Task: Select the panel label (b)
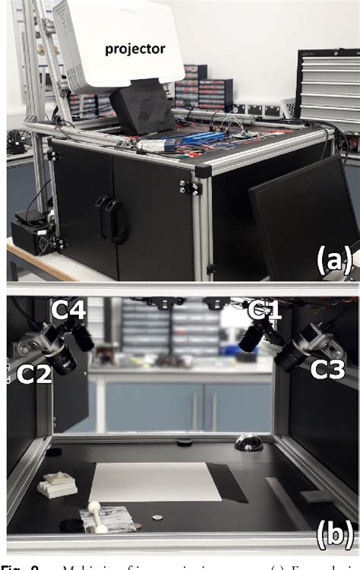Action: pos(334,536)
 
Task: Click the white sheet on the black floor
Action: pos(155,480)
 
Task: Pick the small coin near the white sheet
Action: pos(157,518)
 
